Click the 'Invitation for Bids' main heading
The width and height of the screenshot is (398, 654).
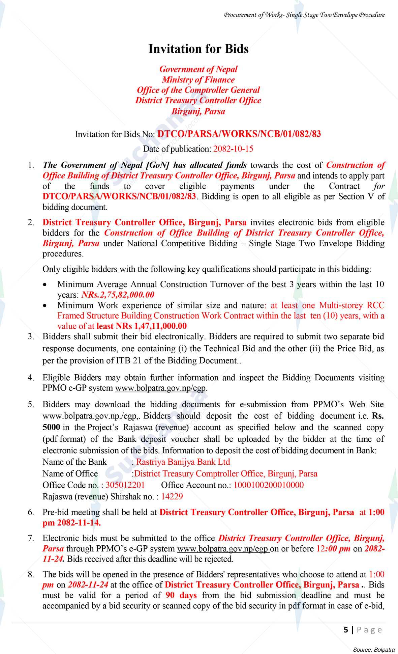198,49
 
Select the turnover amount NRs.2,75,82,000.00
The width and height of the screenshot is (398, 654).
118,295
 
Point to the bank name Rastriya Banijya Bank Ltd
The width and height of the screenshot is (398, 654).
183,462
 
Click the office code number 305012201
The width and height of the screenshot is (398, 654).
125,485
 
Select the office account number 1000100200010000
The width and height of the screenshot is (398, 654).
268,485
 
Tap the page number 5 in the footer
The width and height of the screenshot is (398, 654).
346,630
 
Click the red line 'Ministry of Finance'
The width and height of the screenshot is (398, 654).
198,80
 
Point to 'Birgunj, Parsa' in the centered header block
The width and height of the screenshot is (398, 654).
198,111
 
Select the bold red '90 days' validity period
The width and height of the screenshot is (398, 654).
181,595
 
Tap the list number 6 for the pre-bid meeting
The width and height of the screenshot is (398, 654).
31,512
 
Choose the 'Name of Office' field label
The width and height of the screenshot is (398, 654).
70,473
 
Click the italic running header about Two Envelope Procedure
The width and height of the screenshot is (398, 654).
304,15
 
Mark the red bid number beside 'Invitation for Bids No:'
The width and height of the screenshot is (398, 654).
239,134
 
